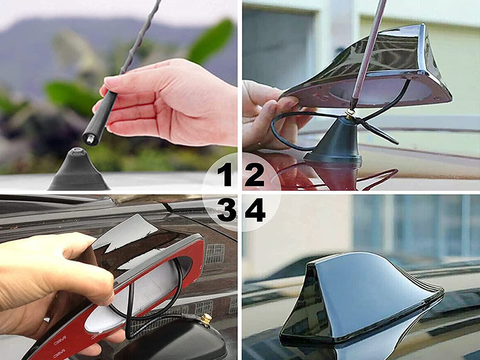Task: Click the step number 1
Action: pyautogui.click(x=225, y=174)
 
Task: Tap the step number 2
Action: pyautogui.click(x=254, y=174)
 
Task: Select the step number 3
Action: pyautogui.click(x=226, y=210)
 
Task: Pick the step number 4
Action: pyautogui.click(x=255, y=210)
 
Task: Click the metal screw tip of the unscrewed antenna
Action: pyautogui.click(x=89, y=139)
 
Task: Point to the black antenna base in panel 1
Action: pyautogui.click(x=78, y=171)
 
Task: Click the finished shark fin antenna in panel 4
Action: pyautogui.click(x=360, y=298)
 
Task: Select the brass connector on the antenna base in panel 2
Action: pyautogui.click(x=351, y=113)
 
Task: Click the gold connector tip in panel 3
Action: pyautogui.click(x=206, y=318)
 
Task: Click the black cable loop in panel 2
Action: pyautogui.click(x=288, y=132)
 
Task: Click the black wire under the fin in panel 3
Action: pyautogui.click(x=158, y=307)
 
